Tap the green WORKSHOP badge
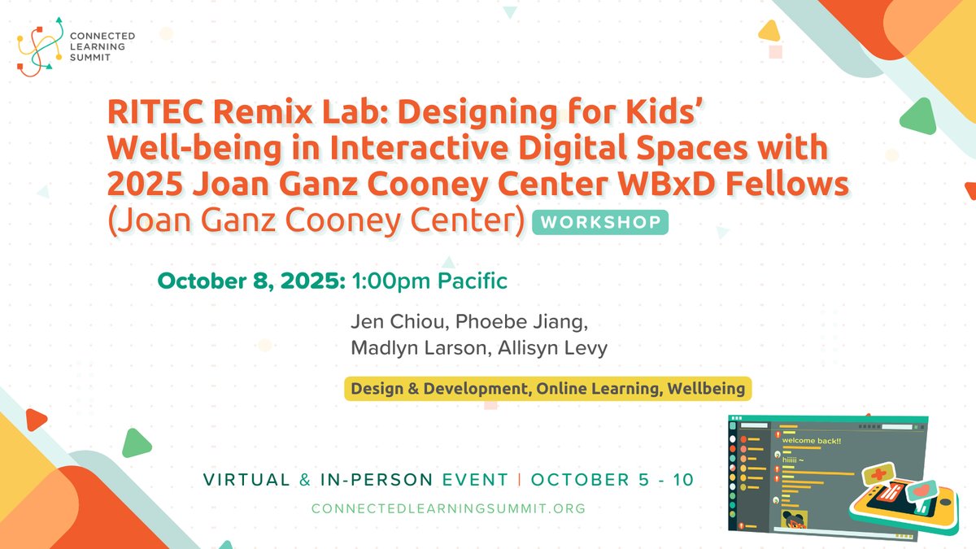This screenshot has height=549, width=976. [600, 222]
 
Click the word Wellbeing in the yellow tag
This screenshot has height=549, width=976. [705, 389]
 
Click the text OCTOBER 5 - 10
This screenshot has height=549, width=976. [612, 480]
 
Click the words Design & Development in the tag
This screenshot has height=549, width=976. [438, 389]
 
